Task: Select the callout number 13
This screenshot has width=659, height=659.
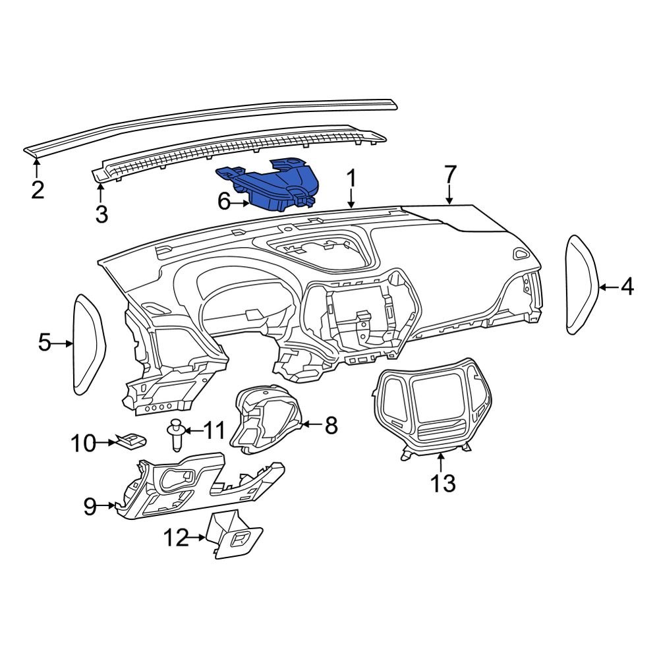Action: (443, 484)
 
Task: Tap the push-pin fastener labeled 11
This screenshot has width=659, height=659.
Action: (176, 434)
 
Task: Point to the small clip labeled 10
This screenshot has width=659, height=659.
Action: (130, 441)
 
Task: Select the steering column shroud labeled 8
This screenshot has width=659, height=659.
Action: (264, 422)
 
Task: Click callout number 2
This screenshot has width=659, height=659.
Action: (38, 190)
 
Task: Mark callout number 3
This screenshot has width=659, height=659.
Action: (101, 214)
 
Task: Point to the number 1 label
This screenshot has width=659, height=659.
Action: (352, 178)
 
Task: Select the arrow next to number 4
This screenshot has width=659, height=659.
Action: (608, 287)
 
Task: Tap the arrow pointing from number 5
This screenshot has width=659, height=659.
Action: (64, 343)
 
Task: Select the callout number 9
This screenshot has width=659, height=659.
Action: (90, 506)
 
